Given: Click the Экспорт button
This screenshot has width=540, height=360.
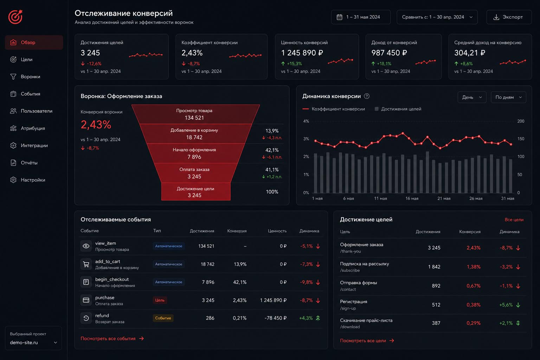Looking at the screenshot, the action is point(509,17).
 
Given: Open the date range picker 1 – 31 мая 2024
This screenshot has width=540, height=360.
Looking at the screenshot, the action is point(361,17).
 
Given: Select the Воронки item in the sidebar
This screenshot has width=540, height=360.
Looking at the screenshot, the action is point(30,77).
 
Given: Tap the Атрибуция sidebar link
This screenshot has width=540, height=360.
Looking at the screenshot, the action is point(33,128).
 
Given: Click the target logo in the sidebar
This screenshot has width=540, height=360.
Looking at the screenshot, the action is point(15,17).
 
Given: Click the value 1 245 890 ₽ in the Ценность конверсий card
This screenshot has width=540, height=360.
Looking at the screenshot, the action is point(302,53).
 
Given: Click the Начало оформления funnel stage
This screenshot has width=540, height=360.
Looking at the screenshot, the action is point(194,153).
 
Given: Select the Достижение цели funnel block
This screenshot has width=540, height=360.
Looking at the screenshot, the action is point(196,192).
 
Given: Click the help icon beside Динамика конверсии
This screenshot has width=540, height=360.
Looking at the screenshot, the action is point(367,96).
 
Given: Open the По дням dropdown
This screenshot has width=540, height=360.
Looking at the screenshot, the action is point(508,97).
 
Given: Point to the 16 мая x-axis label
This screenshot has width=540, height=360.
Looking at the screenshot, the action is point(412,198).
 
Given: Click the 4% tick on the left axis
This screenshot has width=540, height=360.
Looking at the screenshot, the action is point(306,121).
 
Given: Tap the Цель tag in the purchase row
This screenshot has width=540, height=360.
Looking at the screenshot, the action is point(160,300).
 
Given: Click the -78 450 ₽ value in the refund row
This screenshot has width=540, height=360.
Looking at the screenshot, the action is point(276,318).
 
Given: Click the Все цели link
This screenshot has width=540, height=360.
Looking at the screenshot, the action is point(514,220).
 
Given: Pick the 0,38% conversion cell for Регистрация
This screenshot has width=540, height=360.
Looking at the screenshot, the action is point(474,305).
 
